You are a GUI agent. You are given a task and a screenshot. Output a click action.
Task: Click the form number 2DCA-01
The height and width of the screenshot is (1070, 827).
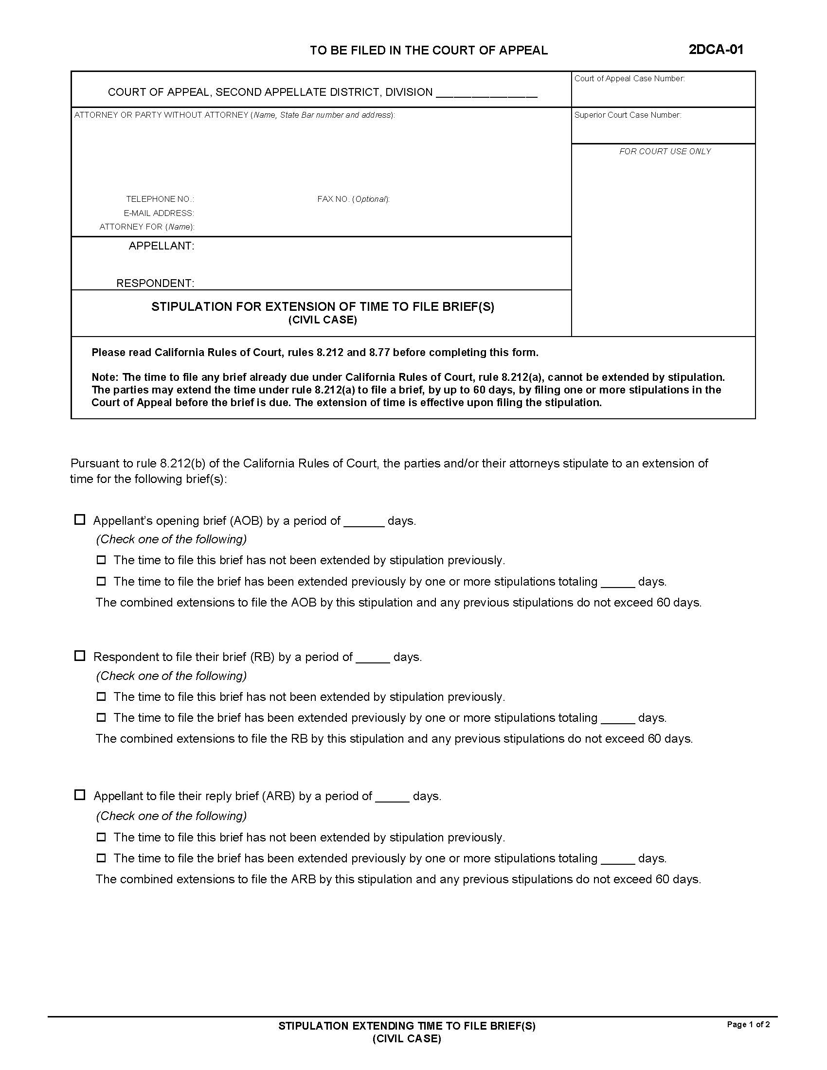715,50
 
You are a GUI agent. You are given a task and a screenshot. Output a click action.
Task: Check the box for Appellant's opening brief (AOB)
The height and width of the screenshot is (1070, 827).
79,519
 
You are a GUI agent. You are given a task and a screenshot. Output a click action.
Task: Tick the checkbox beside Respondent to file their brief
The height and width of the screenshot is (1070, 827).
79,656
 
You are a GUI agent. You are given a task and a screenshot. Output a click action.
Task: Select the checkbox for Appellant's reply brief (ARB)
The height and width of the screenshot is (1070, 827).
79,795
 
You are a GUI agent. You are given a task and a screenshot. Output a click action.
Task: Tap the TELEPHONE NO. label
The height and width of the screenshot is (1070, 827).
160,199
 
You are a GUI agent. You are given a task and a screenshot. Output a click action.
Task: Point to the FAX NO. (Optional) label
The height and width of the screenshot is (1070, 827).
353,199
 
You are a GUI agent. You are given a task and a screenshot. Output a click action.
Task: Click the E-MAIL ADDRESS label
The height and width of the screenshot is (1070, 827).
159,213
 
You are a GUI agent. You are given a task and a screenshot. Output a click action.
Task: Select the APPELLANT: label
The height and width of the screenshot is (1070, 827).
161,246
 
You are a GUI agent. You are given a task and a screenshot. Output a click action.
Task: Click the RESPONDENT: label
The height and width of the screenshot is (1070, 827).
155,283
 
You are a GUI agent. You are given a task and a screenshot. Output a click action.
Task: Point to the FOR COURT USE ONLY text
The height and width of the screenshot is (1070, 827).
665,151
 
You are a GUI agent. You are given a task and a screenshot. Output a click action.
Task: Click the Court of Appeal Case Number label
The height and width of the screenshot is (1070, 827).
629,78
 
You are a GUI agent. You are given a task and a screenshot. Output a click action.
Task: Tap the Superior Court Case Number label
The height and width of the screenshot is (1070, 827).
628,115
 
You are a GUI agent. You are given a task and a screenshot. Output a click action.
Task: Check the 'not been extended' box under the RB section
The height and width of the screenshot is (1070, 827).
101,696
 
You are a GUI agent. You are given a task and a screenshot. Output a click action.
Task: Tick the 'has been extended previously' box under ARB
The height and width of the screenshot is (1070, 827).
101,858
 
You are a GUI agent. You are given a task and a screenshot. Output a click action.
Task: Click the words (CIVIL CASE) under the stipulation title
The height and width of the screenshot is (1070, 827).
323,320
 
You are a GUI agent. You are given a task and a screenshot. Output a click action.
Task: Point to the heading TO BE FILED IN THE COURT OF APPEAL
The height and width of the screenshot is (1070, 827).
429,51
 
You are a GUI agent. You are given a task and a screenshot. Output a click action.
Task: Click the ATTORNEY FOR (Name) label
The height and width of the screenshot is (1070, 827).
146,227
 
